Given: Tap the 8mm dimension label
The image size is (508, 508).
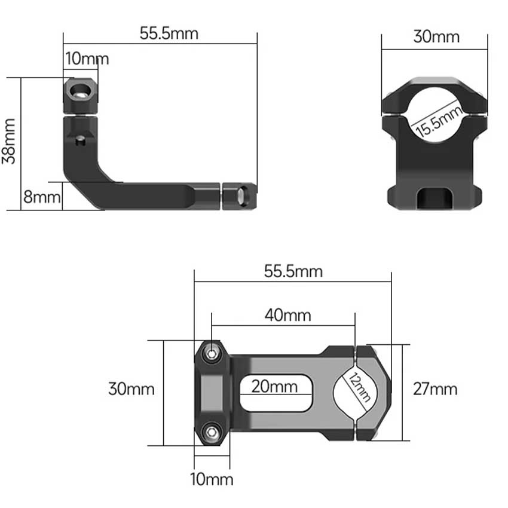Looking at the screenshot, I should click(x=41, y=197).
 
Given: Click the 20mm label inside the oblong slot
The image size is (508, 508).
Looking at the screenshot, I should click(x=274, y=386).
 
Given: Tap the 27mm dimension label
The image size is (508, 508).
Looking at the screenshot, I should click(x=435, y=389).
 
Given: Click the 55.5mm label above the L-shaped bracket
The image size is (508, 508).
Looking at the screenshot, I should click(x=169, y=33).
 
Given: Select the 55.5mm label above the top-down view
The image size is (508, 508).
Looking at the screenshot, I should click(x=293, y=271).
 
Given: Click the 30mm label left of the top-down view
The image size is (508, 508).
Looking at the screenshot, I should click(x=131, y=389).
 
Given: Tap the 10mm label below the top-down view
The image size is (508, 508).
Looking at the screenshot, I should click(x=212, y=479).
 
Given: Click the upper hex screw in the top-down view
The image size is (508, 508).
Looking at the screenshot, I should click(x=210, y=354).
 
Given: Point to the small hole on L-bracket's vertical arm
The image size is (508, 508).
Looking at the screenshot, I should click(x=81, y=141).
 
